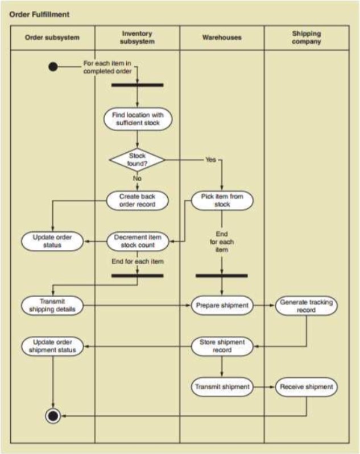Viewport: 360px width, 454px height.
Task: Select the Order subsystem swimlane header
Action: [52, 38]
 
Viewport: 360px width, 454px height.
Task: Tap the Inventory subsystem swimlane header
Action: [137, 38]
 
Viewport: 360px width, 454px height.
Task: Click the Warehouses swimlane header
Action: [222, 38]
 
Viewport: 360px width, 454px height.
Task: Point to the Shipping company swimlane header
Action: [306, 38]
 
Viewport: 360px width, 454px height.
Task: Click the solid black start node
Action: [53, 66]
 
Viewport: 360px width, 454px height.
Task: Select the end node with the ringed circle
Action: [53, 416]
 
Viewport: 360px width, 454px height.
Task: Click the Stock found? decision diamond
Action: [137, 160]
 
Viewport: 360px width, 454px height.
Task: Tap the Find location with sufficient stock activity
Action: [137, 119]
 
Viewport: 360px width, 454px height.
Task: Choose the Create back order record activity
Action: [137, 201]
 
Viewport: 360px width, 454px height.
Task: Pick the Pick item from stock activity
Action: [222, 201]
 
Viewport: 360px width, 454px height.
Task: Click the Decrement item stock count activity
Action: [137, 241]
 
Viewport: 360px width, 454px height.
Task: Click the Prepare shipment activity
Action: [222, 305]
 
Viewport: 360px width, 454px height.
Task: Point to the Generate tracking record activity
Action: [306, 306]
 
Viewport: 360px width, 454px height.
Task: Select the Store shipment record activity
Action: [222, 346]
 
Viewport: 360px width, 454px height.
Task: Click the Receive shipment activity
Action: [306, 387]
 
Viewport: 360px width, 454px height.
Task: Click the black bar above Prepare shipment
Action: [222, 276]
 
